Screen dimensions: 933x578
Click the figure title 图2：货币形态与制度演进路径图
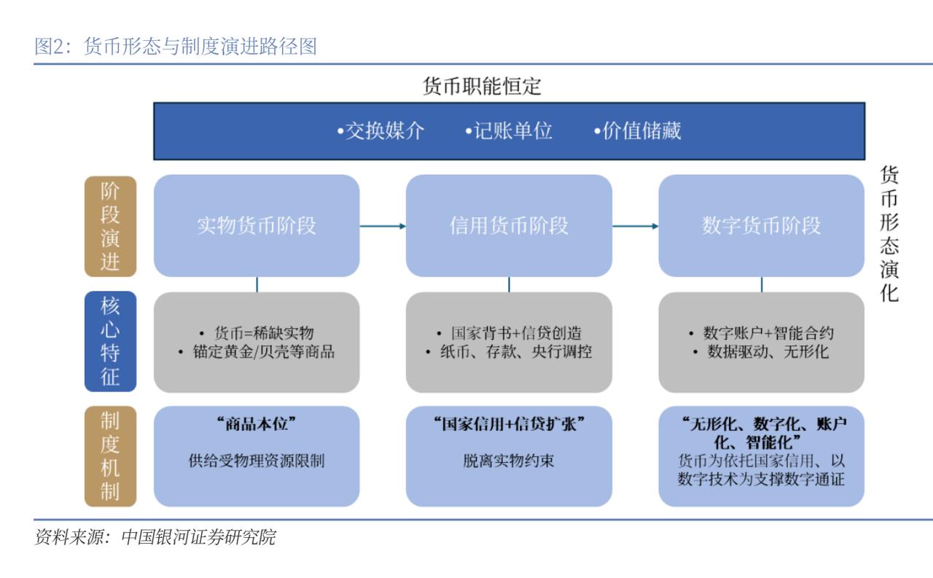tap(176, 46)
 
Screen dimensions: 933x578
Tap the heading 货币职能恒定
tap(482, 86)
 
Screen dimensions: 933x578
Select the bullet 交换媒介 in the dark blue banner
tap(380, 130)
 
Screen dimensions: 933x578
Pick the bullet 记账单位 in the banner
tap(509, 130)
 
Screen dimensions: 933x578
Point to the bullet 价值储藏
tap(637, 130)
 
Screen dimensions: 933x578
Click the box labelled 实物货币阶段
tap(257, 226)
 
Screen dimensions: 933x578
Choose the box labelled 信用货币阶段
tap(509, 226)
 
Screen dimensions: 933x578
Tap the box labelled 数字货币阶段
tap(762, 226)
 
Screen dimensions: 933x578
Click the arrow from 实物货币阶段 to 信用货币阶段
tap(383, 226)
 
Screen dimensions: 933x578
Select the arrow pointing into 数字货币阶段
tap(635, 226)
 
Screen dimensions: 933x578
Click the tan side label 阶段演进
tap(110, 226)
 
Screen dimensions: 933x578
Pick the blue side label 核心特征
tap(110, 341)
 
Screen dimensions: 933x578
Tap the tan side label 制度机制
tap(110, 456)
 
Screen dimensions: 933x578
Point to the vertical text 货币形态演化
tap(889, 234)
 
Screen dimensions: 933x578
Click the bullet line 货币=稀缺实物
tap(257, 333)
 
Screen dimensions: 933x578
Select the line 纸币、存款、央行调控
tap(509, 352)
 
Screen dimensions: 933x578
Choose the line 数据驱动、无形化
tap(762, 352)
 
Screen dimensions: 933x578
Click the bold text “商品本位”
tap(257, 424)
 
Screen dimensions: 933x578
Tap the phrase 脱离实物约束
tap(509, 461)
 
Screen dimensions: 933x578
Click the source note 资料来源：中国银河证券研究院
tap(155, 537)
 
